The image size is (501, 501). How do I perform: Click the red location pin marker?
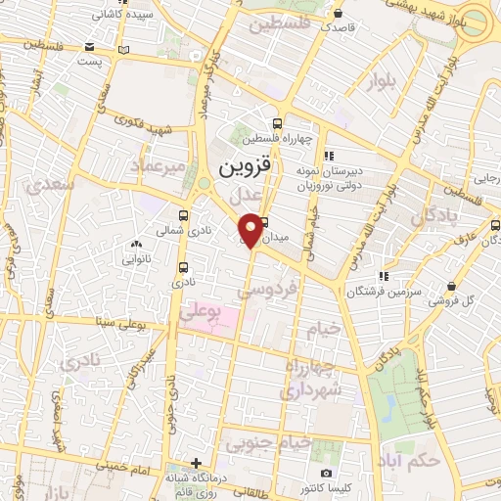[x=252, y=229]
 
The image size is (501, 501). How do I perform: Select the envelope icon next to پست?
[x=90, y=46]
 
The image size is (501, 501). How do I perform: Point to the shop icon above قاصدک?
[x=338, y=15]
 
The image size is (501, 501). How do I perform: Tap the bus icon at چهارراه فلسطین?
[x=278, y=123]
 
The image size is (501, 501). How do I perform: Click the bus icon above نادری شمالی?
[x=184, y=215]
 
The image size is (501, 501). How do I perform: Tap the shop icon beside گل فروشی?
[x=451, y=286]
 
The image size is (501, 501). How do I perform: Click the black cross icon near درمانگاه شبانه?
[x=197, y=462]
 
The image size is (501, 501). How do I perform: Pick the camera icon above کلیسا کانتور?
[x=326, y=473]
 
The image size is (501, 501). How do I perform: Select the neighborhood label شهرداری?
[x=309, y=389]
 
